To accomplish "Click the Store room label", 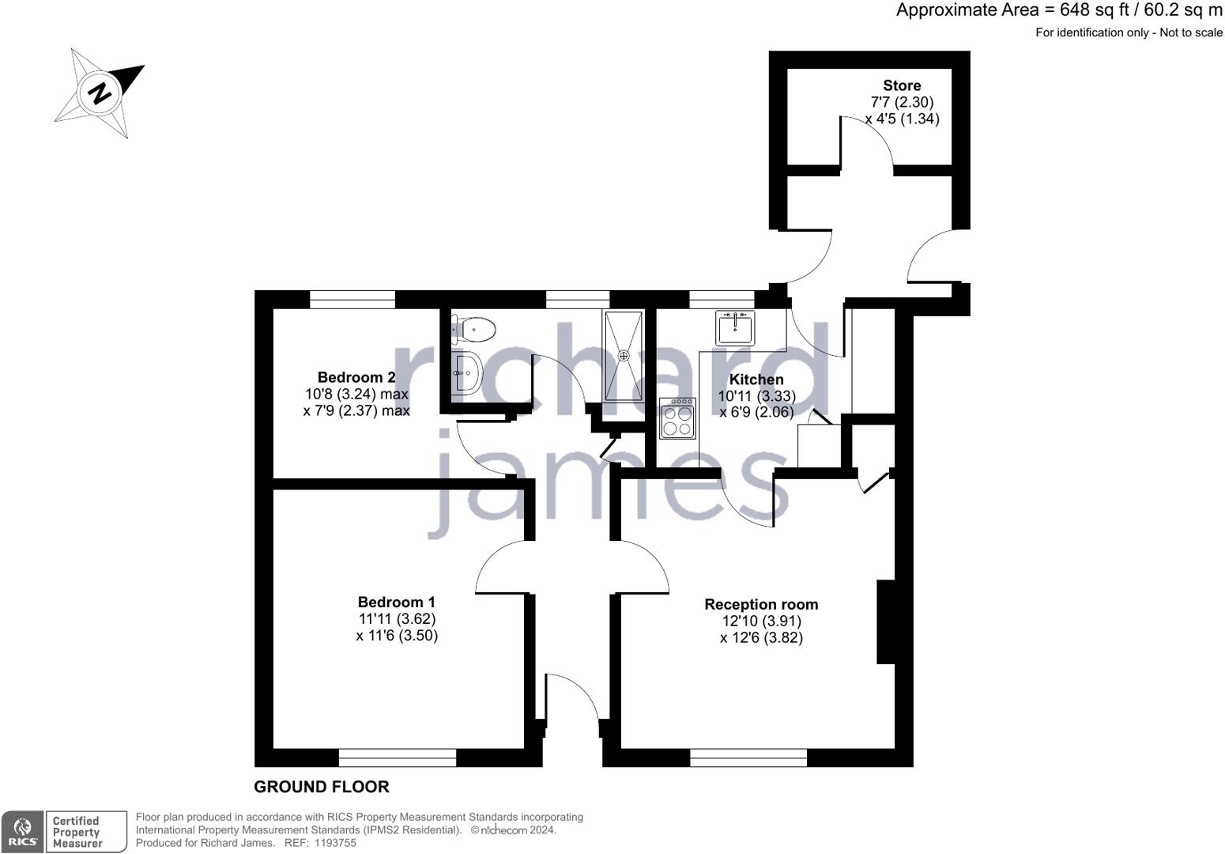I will click(x=902, y=85).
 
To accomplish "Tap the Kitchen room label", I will click(x=756, y=380).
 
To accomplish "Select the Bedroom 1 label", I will click(x=396, y=602).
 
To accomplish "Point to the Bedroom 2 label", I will click(x=356, y=377).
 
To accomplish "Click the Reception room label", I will click(x=761, y=604).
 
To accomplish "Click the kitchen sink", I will click(x=735, y=327).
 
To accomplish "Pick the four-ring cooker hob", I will click(x=677, y=418).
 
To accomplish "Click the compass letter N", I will click(x=100, y=93).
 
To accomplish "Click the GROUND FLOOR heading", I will click(x=321, y=787).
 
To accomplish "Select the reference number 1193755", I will click(x=336, y=843).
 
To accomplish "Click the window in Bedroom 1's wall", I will click(x=398, y=758).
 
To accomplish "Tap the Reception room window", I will click(x=748, y=758).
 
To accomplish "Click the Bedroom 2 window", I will click(x=352, y=299).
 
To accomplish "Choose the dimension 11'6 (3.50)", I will click(x=397, y=635).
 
